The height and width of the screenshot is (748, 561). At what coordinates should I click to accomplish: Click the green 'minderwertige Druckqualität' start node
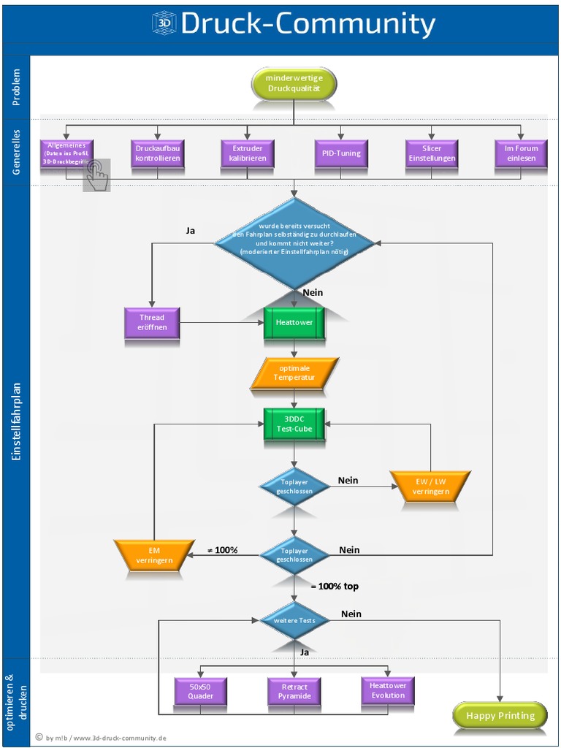(294, 84)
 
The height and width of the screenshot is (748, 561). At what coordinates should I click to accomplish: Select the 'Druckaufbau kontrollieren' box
(157, 153)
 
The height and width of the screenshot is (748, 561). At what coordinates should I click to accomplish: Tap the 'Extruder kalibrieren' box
(248, 153)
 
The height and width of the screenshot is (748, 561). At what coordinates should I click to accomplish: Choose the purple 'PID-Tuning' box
(340, 153)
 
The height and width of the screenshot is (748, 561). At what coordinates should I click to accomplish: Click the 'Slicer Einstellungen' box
(432, 153)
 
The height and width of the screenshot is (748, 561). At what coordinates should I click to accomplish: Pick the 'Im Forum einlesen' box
(521, 153)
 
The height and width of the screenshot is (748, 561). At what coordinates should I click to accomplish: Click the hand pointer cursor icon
(96, 175)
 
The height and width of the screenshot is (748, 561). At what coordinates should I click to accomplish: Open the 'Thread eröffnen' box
(152, 322)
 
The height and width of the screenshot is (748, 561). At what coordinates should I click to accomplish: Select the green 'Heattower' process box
(294, 322)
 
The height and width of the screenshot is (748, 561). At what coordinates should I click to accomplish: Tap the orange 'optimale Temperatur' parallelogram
(294, 373)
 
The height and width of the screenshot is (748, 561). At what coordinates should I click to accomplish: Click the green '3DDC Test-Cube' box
(294, 424)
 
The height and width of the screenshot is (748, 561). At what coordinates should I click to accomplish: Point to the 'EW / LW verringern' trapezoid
(430, 486)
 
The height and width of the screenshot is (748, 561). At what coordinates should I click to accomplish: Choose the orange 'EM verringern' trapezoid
(154, 555)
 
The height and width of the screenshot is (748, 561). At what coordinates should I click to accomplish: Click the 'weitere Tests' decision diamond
(294, 620)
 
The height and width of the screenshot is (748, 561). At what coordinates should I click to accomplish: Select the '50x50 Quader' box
(201, 691)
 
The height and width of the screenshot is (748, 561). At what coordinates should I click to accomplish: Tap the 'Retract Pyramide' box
(294, 691)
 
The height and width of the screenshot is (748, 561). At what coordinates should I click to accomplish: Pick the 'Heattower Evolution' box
(387, 690)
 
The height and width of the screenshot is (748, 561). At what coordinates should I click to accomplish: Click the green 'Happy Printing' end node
(500, 716)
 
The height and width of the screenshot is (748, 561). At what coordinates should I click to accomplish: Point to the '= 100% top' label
(334, 587)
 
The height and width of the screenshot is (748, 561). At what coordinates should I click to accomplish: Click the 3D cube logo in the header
(164, 24)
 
